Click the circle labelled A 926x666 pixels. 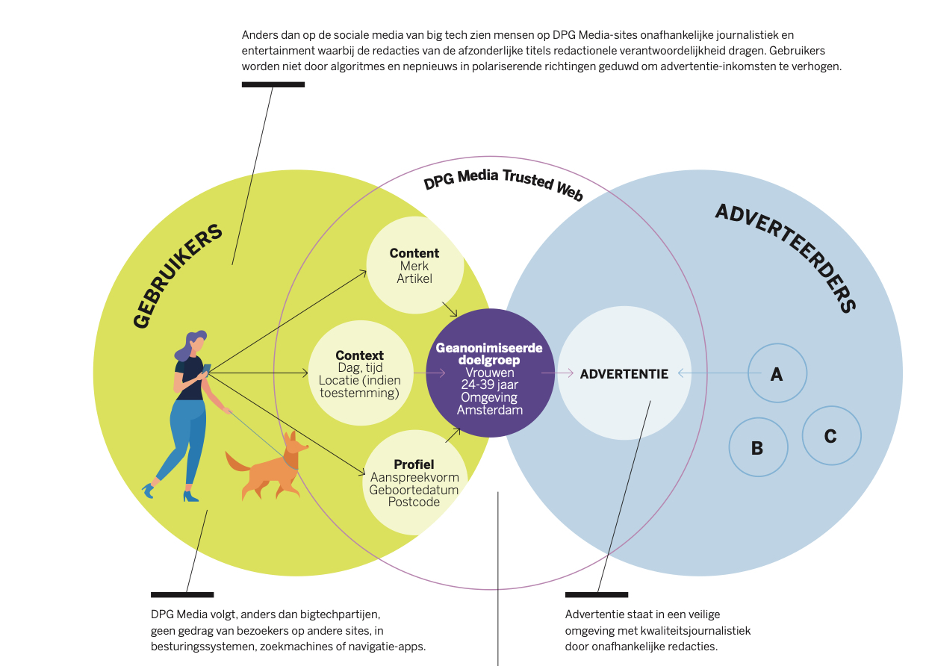[x=777, y=373]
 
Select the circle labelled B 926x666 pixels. [x=757, y=447]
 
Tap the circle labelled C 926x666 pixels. [x=830, y=436]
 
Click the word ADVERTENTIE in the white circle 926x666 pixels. [x=624, y=373]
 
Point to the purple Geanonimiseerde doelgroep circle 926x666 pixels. [x=490, y=373]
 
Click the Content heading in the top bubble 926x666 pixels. [x=414, y=253]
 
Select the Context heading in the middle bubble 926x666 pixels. [x=359, y=355]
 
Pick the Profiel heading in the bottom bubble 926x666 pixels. [x=414, y=464]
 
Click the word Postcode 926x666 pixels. [x=414, y=502]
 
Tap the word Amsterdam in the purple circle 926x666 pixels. [x=490, y=410]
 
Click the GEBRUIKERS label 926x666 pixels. [x=178, y=276]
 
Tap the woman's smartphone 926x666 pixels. [x=207, y=368]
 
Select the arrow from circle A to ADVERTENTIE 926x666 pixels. [x=713, y=373]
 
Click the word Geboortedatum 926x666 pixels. [x=414, y=490]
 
